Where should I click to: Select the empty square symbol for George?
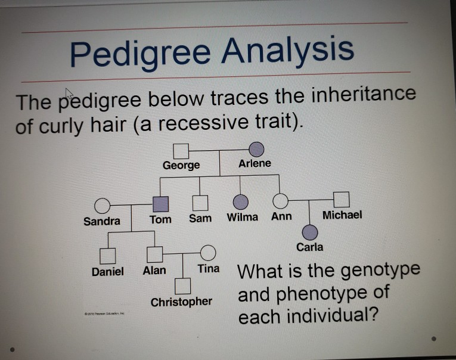(181, 150)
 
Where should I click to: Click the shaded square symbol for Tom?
(160, 204)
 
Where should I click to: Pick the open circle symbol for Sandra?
(101, 206)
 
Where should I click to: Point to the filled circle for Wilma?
(240, 201)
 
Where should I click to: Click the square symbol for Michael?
(341, 198)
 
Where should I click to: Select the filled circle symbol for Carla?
(309, 231)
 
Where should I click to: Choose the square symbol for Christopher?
(182, 286)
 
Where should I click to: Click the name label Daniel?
(107, 271)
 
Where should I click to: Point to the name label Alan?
(155, 271)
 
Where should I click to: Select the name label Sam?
(200, 218)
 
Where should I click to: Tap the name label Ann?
(281, 216)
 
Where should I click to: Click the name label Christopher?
(181, 302)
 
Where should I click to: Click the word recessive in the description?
(211, 123)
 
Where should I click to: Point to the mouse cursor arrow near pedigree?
(69, 94)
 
